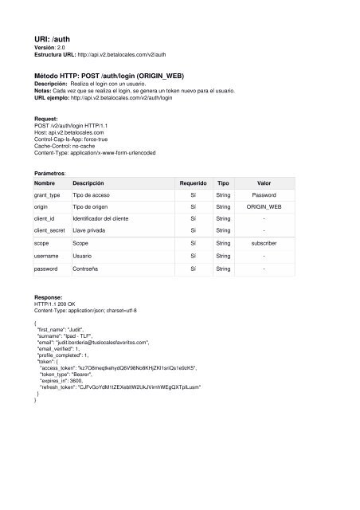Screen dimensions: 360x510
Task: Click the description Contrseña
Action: click(x=92, y=269)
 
